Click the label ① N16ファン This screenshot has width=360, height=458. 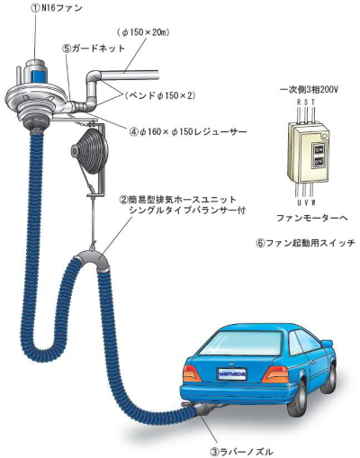57,8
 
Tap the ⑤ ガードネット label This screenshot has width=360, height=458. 94,49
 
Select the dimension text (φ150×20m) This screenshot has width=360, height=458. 142,32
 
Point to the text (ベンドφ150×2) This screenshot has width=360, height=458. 160,95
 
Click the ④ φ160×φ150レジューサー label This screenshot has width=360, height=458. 188,131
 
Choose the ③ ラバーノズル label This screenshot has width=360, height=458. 241,451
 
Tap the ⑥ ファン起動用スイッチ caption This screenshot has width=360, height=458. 305,243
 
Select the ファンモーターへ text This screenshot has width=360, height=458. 311,218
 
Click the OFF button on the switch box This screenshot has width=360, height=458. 319,162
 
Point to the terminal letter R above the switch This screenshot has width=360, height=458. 299,102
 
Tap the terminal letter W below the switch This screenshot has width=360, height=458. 313,202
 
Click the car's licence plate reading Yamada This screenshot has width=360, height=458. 232,373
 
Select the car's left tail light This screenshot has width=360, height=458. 192,373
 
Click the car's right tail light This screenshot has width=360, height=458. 274,374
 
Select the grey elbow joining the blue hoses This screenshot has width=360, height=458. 92,260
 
